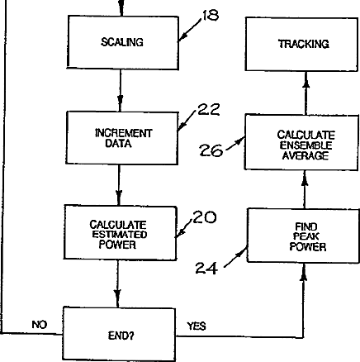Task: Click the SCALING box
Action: point(123,42)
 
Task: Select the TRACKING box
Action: point(301,44)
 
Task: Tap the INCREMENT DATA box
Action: point(122,138)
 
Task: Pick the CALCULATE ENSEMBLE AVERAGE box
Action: point(301,142)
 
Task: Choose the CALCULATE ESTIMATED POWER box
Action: point(121,233)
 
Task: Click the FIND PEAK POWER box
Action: point(303,236)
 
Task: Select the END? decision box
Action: point(119,334)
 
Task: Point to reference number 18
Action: point(211,16)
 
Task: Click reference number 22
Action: point(209,109)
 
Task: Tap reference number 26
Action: point(211,150)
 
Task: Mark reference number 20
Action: point(205,217)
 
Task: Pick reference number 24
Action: point(206,268)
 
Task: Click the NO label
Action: point(40,325)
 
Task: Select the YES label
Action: point(197,326)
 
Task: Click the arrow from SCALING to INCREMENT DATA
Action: point(120,90)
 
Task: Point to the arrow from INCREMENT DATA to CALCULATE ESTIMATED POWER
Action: point(119,185)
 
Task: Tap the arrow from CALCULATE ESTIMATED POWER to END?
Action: point(118,283)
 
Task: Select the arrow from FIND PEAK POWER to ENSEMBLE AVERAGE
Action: point(305,189)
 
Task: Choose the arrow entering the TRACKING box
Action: point(306,93)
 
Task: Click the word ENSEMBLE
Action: point(306,145)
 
